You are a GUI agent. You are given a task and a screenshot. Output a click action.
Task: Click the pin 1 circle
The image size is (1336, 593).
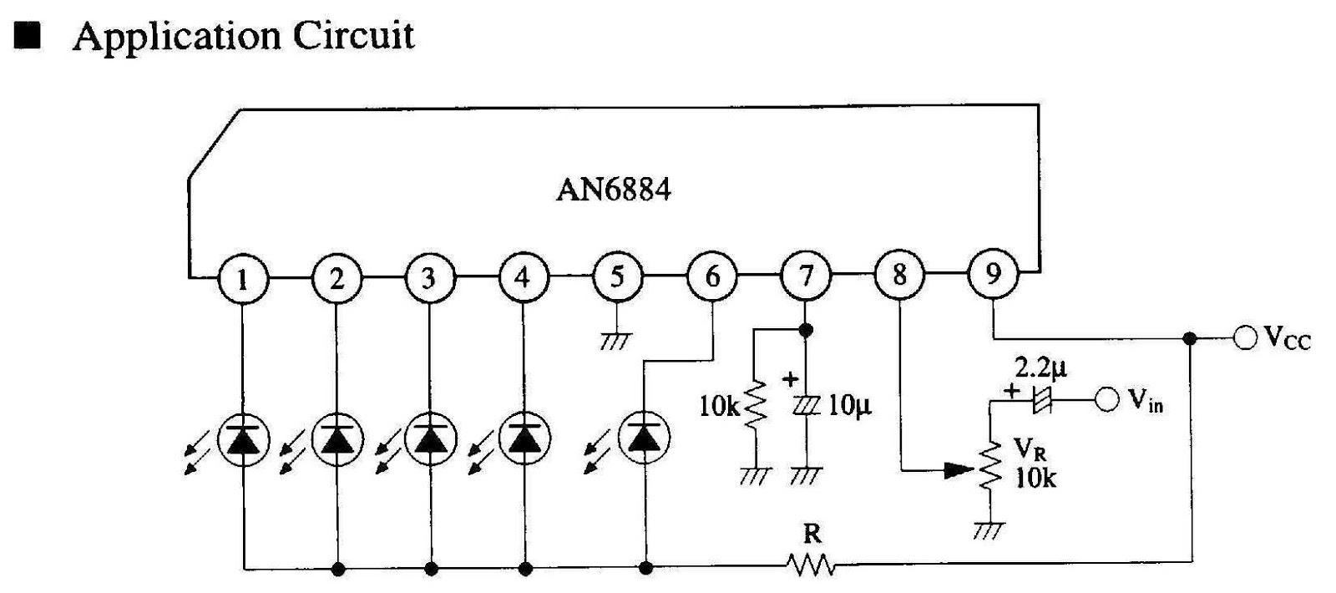243,277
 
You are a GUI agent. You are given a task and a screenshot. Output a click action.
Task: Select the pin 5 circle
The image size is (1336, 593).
617,276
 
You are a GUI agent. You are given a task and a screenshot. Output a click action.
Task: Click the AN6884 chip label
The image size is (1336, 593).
613,190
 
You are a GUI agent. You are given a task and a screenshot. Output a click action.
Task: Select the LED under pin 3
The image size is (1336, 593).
431,438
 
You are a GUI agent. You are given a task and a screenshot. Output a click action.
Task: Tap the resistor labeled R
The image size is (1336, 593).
810,565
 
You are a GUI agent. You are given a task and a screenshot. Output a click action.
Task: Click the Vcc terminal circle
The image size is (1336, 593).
1245,338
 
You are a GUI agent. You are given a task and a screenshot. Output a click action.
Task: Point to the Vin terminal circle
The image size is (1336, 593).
1107,400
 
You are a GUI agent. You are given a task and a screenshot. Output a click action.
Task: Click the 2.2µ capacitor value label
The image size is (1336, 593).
1040,367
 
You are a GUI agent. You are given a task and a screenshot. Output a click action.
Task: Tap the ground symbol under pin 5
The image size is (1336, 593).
617,340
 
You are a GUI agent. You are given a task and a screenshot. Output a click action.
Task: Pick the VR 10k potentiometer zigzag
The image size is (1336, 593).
990,466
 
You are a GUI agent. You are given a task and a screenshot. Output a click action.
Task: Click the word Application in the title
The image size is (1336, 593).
176,37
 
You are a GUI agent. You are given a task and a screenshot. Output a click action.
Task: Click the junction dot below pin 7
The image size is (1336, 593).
806,330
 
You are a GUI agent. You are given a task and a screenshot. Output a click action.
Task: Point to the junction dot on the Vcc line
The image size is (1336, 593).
1191,338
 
